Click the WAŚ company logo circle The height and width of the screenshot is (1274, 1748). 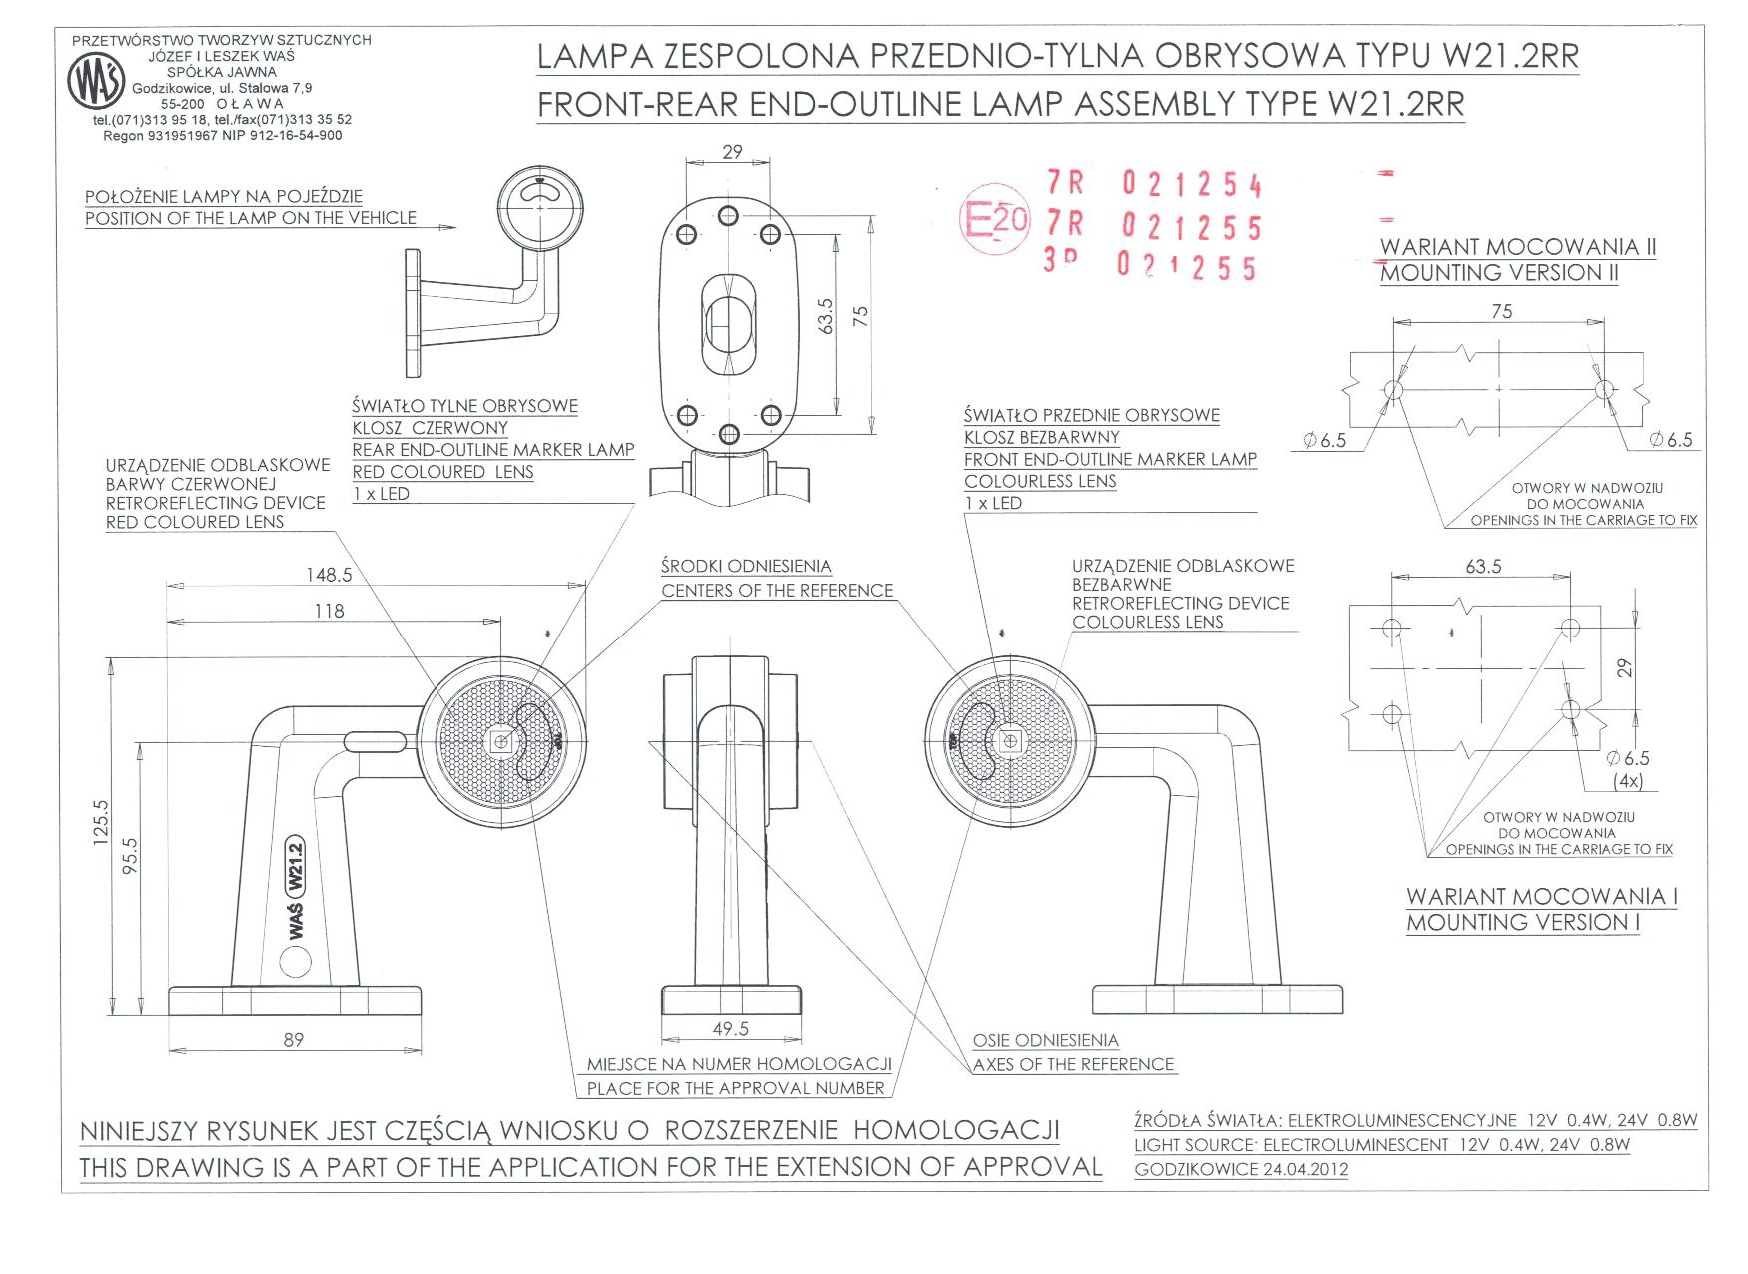[96, 82]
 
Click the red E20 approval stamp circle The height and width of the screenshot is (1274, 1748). [994, 218]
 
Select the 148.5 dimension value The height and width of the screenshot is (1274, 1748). [329, 575]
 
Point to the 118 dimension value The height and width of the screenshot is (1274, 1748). [329, 611]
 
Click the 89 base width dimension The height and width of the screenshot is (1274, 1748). [293, 1040]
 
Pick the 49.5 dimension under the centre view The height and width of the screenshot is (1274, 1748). [730, 1029]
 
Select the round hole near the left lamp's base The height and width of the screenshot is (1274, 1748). [295, 961]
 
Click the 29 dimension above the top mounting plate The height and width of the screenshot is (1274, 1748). [732, 152]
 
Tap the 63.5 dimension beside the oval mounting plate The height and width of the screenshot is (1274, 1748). [825, 316]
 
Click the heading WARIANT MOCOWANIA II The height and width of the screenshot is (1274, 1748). [1517, 247]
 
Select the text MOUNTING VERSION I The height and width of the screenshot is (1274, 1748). [1522, 923]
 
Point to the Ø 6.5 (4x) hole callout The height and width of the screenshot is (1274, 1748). [1627, 769]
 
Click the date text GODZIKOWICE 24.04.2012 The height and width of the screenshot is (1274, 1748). [1241, 1169]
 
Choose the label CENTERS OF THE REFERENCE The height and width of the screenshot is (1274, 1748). [777, 591]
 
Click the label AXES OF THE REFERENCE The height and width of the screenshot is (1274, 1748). [1073, 1065]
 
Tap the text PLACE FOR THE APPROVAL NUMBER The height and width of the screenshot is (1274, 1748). [735, 1089]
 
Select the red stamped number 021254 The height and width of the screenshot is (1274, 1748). [1191, 184]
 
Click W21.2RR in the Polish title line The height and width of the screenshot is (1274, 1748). [1510, 57]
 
